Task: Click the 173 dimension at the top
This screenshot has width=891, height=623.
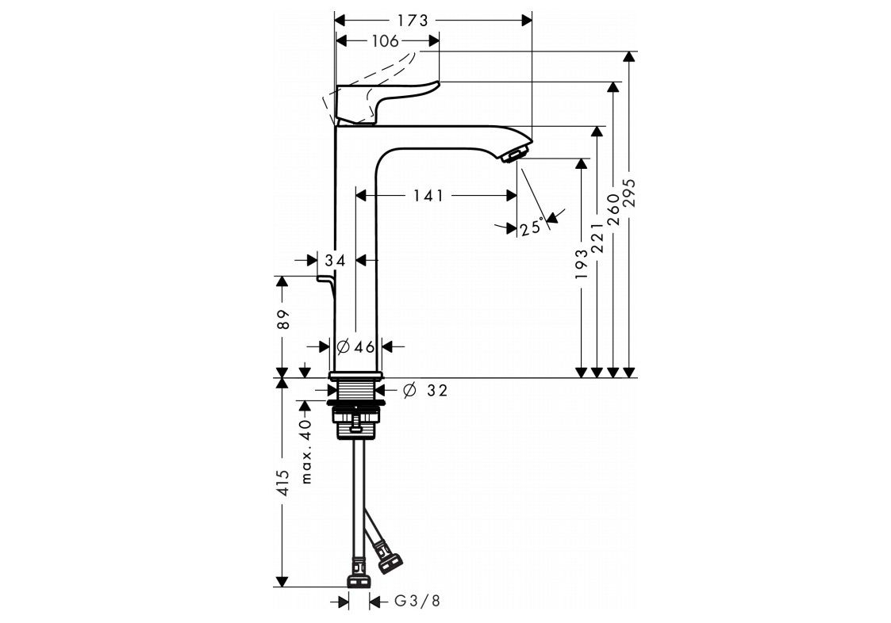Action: pyautogui.click(x=413, y=21)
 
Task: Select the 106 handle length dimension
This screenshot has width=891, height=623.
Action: pyautogui.click(x=386, y=41)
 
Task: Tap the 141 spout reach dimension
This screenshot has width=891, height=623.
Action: pyautogui.click(x=428, y=196)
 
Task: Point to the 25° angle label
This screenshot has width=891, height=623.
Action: pyautogui.click(x=532, y=228)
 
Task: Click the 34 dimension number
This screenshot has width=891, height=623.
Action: pyautogui.click(x=336, y=261)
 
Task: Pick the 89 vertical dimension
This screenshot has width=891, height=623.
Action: pyautogui.click(x=284, y=319)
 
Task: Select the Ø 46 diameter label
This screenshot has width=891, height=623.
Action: pyautogui.click(x=355, y=346)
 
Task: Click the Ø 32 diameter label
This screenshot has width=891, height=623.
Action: pyautogui.click(x=425, y=390)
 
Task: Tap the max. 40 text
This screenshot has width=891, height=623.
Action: pyautogui.click(x=306, y=452)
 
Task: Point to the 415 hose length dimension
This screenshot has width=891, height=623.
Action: pyautogui.click(x=284, y=483)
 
